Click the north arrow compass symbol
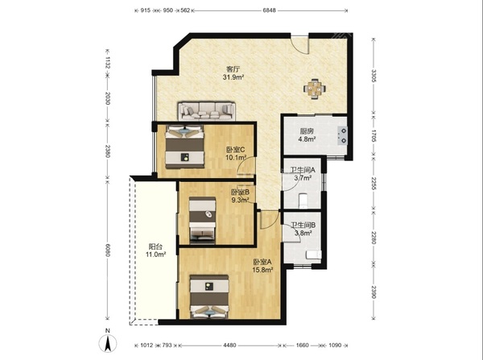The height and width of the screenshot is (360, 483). (x=108, y=343)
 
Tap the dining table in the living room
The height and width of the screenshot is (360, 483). (x=315, y=89)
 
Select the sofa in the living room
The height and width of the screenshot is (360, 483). (x=206, y=111)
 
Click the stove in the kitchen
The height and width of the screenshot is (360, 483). (x=343, y=135)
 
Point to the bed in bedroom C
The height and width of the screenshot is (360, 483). (x=184, y=147)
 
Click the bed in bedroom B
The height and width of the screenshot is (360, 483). (x=202, y=220)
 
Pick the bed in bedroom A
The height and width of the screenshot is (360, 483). (x=209, y=296)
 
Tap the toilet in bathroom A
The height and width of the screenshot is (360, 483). (x=303, y=201)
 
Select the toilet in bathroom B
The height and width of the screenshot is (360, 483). (x=314, y=254)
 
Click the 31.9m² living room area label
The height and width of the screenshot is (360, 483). (x=233, y=77)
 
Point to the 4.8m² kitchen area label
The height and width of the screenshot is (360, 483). (x=307, y=139)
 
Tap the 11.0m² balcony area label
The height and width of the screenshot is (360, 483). (x=156, y=254)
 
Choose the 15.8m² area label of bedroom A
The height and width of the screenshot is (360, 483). (x=262, y=271)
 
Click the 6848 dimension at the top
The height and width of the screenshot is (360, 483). (x=269, y=10)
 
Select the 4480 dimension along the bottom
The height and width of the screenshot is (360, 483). (x=229, y=346)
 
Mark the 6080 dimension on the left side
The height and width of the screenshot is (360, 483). (x=108, y=250)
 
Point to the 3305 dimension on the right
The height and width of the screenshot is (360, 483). (x=374, y=76)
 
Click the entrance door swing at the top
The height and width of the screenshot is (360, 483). (x=300, y=44)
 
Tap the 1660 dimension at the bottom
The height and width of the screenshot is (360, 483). (x=302, y=346)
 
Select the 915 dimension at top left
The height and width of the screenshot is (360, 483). (x=146, y=10)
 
